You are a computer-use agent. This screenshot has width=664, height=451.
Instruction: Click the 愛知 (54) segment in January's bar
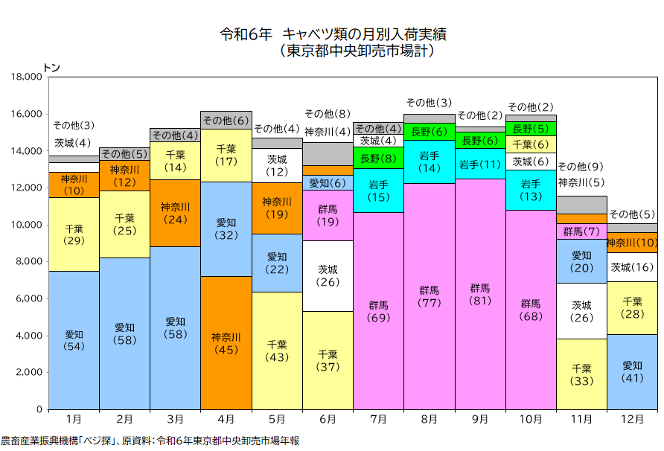[x=74, y=340]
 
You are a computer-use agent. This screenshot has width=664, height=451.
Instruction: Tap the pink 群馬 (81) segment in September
[x=480, y=294]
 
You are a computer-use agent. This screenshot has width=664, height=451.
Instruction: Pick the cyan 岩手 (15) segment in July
[x=378, y=191]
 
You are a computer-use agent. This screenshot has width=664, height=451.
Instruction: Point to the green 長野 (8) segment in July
[x=378, y=158]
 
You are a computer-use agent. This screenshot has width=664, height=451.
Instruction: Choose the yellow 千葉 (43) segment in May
[x=277, y=351]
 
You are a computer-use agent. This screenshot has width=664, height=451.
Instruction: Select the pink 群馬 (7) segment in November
[x=581, y=231]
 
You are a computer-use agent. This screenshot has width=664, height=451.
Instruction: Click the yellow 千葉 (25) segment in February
[x=125, y=224]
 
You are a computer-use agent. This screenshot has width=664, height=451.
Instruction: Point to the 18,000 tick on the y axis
[x=26, y=77]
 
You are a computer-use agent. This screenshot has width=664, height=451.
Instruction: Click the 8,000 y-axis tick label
[x=29, y=262]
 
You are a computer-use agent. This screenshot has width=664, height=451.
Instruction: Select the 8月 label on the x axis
[x=429, y=420]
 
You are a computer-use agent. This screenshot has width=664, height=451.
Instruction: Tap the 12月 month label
[x=632, y=420]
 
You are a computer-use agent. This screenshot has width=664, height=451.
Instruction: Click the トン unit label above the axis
[x=52, y=68]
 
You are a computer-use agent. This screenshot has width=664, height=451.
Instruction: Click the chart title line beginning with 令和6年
[x=333, y=34]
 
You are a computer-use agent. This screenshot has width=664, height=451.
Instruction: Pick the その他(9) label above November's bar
[x=581, y=167]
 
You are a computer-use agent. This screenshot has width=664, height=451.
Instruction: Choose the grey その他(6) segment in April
[x=226, y=121]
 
